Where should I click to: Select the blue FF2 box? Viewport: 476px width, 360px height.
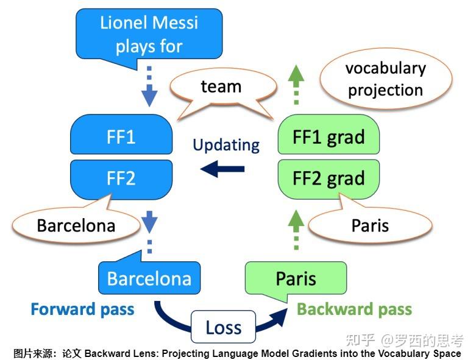tap(121, 179)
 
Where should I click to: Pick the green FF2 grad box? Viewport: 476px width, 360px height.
tap(329, 179)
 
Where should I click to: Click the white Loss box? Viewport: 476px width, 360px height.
tap(224, 327)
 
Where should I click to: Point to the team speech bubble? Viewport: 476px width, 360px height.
tap(222, 87)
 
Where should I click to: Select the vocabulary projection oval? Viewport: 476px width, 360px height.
tap(386, 79)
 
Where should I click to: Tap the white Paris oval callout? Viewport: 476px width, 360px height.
tap(370, 225)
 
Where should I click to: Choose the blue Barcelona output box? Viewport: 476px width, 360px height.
tap(149, 278)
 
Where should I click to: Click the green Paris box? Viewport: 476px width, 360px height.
tap(296, 278)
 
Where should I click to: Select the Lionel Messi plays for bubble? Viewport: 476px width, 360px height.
tap(149, 34)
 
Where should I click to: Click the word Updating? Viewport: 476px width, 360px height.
tap(226, 145)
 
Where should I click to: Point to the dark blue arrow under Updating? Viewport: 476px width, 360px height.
tap(222, 169)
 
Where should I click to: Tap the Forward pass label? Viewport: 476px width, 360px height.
tap(82, 309)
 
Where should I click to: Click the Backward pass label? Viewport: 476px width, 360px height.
tap(354, 309)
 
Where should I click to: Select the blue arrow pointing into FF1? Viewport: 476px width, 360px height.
tap(149, 86)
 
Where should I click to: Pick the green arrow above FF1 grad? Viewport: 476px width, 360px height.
tap(296, 85)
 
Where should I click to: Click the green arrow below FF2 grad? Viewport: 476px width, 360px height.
tap(296, 230)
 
